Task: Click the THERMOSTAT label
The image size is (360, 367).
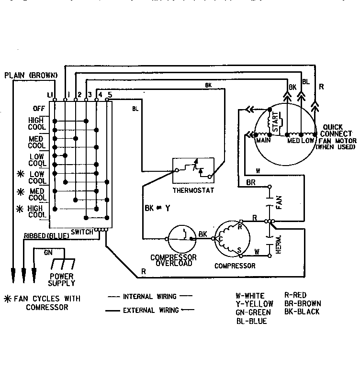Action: (x=193, y=190)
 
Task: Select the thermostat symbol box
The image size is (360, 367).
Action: (x=193, y=170)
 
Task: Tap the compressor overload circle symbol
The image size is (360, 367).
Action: (x=182, y=236)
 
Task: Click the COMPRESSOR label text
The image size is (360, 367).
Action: (x=235, y=266)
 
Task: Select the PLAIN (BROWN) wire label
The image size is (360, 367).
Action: (x=31, y=75)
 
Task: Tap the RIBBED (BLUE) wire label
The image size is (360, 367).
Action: (x=46, y=235)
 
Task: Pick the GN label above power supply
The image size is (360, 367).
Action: (x=48, y=252)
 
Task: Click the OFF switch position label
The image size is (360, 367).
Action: (x=39, y=108)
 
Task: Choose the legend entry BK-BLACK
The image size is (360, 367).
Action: (x=302, y=311)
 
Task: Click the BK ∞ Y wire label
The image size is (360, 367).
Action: (x=157, y=208)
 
